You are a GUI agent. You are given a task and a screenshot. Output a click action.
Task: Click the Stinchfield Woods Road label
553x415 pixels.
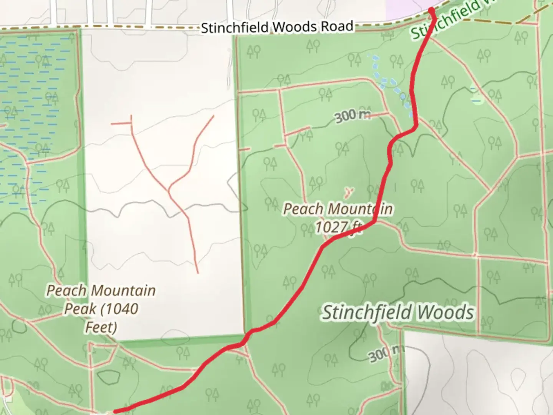(x=277, y=27)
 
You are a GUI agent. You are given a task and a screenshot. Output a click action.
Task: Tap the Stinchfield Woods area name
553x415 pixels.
(x=397, y=312)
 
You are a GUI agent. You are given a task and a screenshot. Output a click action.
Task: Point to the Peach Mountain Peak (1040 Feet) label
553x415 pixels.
(x=101, y=309)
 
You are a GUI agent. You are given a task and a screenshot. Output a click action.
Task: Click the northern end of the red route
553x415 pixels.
(x=432, y=10)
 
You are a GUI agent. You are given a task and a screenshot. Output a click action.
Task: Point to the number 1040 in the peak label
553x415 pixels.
(x=121, y=309)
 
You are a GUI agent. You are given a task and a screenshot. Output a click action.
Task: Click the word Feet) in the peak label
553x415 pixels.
(x=101, y=327)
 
